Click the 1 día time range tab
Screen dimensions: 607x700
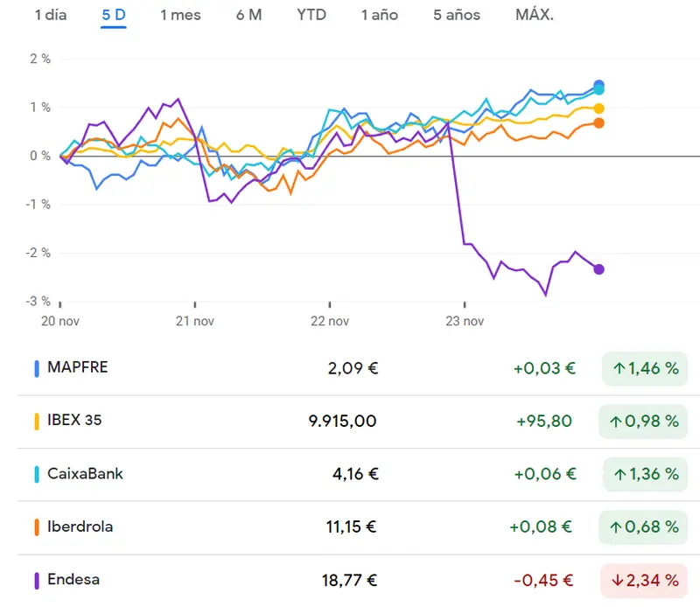51,15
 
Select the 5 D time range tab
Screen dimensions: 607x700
114,15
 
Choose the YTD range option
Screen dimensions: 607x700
311,15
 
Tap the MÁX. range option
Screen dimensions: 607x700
535,15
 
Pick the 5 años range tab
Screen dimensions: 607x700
456,15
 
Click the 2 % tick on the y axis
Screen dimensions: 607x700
40,59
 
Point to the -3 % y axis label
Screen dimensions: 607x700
38,301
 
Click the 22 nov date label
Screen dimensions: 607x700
329,321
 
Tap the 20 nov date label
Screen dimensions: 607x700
60,321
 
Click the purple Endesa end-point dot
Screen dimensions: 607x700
598,269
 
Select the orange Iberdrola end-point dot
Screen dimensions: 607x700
598,123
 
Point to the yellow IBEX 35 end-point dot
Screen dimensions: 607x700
598,108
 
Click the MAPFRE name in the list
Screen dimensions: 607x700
78,367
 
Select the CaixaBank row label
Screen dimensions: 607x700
85,474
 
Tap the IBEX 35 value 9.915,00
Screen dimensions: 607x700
342,421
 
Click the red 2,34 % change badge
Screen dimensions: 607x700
643,580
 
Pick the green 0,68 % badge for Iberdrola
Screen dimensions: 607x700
643,527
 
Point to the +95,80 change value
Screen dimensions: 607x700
543,421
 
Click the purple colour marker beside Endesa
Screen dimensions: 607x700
37,580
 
